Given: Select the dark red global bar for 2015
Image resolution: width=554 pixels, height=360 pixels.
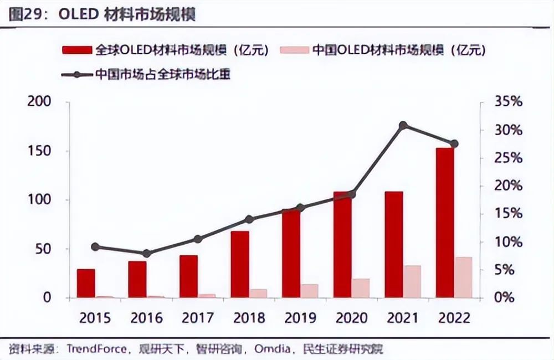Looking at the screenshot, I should (x=86, y=283).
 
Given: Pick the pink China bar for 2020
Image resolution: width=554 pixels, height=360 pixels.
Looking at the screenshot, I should (x=360, y=288).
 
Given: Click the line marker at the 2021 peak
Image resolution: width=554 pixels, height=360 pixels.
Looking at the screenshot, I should (x=403, y=126).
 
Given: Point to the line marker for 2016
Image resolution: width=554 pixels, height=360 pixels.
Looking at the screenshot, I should (x=146, y=254).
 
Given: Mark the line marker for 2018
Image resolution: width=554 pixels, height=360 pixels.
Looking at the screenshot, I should (x=249, y=219).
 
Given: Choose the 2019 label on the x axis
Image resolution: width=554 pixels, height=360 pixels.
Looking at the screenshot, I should (x=300, y=318).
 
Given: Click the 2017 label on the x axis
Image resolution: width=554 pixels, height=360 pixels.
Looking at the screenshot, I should (x=198, y=318).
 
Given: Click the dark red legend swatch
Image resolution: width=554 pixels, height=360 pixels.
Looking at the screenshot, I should (x=78, y=51).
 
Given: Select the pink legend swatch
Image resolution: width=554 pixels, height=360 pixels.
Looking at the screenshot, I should (x=294, y=51).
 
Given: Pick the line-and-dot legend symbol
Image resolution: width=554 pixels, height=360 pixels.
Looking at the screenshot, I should (x=78, y=74).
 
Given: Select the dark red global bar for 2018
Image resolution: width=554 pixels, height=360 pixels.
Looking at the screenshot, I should (x=240, y=264).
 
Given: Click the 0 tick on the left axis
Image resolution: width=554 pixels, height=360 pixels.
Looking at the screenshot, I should (x=47, y=297).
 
